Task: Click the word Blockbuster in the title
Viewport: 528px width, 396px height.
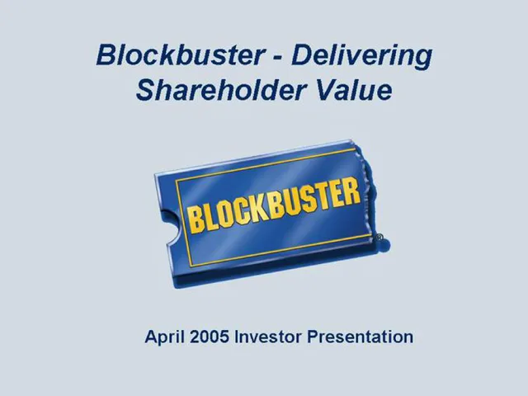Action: tap(180, 55)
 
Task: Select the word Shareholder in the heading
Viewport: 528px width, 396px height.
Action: tap(221, 90)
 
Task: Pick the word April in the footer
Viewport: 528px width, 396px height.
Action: tap(165, 337)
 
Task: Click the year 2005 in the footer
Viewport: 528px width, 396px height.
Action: tap(210, 337)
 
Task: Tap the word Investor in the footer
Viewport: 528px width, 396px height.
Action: tap(268, 337)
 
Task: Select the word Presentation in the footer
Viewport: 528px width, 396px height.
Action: tap(360, 337)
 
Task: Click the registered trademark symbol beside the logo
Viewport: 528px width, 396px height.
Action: tap(379, 237)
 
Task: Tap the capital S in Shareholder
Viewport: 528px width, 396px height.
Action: tap(146, 90)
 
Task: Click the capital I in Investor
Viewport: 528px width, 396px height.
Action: tap(236, 337)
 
